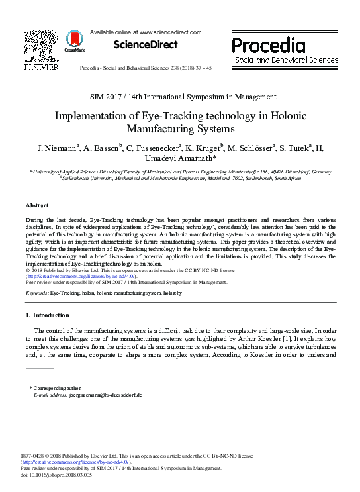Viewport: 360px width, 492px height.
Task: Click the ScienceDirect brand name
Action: coord(146,45)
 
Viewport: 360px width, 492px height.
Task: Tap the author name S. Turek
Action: coord(292,147)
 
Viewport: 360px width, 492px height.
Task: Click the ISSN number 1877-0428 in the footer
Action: coord(36,456)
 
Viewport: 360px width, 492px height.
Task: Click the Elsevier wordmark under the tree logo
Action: coord(41,67)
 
